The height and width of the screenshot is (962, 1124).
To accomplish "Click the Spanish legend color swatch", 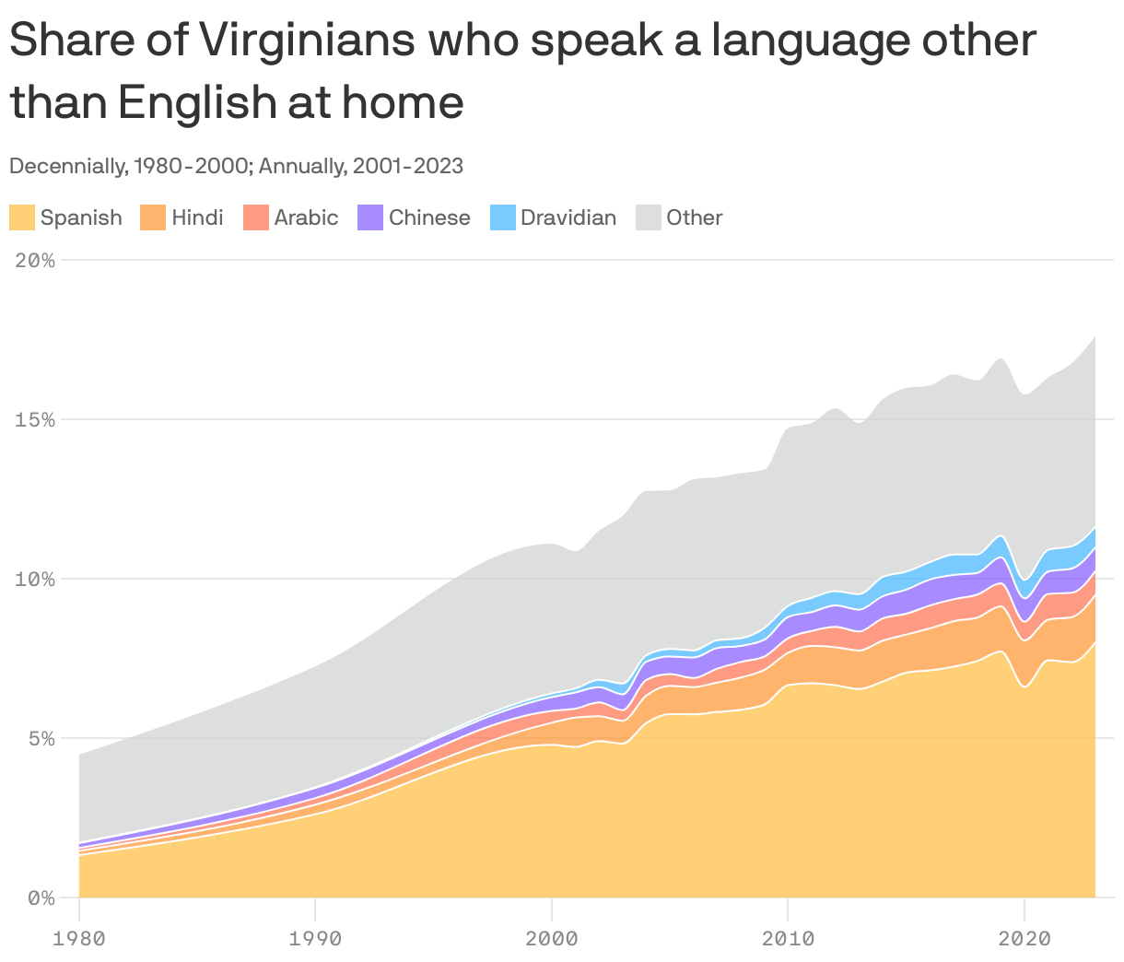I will (x=22, y=217).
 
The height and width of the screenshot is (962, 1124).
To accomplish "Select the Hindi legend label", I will (x=197, y=217).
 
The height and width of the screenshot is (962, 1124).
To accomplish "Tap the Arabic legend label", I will (x=306, y=217).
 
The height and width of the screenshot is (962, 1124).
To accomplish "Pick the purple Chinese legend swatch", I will (x=370, y=217).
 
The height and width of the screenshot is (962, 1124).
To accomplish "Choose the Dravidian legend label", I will (x=568, y=217).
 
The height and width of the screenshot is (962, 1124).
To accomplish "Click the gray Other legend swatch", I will (x=649, y=217).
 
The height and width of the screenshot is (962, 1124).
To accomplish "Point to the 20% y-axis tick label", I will (x=35, y=261).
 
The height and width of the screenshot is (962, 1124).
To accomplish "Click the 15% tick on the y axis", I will (x=35, y=420).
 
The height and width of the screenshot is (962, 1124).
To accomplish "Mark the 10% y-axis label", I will (x=35, y=580).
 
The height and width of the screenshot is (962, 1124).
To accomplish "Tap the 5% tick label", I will (x=41, y=739).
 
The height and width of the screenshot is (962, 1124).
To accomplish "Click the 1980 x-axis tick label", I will (x=79, y=939).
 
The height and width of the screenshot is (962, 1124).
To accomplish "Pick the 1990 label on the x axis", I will (x=315, y=939).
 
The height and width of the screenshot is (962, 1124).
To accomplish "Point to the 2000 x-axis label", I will (x=551, y=939).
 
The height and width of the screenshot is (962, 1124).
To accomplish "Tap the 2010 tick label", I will (x=788, y=939).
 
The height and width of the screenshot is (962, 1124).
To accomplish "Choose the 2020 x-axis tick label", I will (x=1024, y=939).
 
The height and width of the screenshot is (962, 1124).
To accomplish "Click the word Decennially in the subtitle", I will (x=66, y=166).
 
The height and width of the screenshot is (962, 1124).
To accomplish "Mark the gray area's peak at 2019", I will (x=1001, y=358).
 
